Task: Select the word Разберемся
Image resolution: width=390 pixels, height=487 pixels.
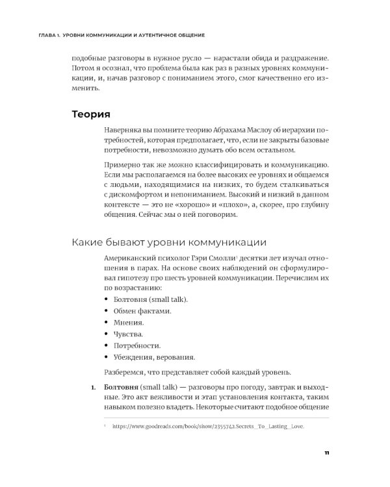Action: coord(126,372)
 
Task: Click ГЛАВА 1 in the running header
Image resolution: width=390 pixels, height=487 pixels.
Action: coord(37,34)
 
